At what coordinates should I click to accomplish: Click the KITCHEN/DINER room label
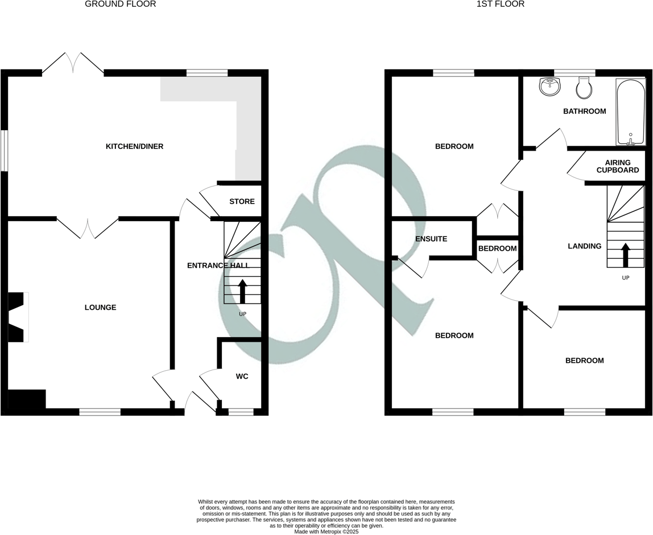coord(134,147)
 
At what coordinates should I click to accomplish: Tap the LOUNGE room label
coord(100,308)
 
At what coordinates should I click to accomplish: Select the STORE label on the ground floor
coord(241,202)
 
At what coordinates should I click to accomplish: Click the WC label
coord(242,376)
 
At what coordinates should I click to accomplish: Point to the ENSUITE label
coord(431,239)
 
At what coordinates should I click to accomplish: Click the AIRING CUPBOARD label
coord(613,167)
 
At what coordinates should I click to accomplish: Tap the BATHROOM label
coord(584,111)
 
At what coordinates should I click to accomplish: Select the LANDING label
coord(584,246)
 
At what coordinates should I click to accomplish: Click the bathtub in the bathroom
coord(630,112)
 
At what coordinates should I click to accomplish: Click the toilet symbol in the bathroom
coord(584,88)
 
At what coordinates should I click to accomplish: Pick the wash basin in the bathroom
coord(549,87)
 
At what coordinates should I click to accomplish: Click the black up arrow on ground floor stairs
coord(242,291)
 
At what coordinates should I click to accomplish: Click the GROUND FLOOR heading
coord(120,4)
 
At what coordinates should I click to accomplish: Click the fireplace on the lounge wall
coord(18,317)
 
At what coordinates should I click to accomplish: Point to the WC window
coord(241,412)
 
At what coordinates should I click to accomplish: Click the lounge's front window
coord(100,412)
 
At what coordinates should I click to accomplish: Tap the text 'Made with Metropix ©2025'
coord(326,532)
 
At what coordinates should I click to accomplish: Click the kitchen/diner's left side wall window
coord(4,151)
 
